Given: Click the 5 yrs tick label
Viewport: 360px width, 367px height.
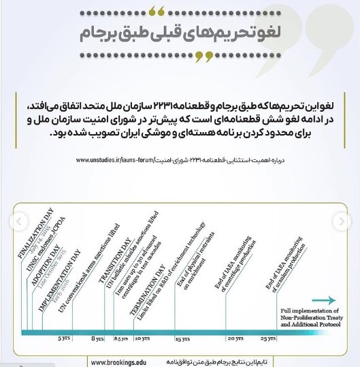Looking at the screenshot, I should coord(63,338).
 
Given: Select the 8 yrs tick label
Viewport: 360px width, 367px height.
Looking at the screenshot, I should coord(97,338).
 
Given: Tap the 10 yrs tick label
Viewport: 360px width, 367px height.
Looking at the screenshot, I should coord(142,338).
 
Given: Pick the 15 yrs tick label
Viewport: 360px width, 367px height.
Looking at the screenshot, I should coord(182,338).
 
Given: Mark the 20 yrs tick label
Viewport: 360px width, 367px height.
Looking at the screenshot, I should coord(235,338).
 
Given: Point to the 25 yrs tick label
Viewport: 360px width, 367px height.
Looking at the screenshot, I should coord(269,338).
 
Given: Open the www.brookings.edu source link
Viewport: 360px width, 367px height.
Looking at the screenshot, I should coord(119,362).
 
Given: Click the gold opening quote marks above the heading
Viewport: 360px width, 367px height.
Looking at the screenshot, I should coord(157,10).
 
